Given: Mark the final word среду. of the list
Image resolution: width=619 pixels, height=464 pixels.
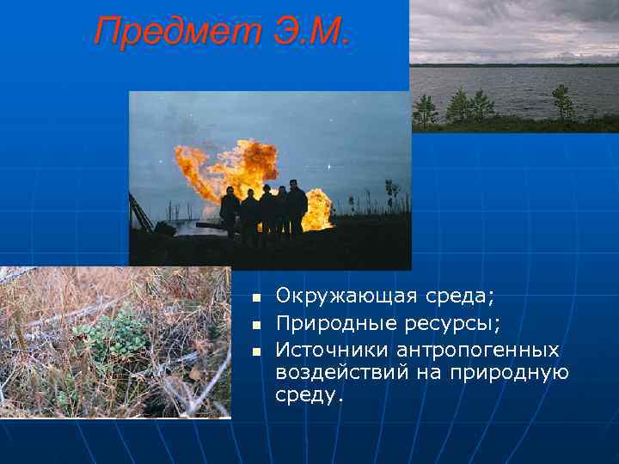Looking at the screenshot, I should [x=309, y=394].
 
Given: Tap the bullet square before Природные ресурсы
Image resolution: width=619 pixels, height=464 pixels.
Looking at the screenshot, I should [x=254, y=326].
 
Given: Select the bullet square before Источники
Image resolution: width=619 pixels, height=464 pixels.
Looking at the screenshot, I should [x=254, y=352].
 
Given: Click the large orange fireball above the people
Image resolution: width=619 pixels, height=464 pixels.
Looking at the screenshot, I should [x=228, y=166].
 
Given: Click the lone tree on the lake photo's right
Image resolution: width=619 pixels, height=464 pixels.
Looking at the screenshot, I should [x=563, y=103].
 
